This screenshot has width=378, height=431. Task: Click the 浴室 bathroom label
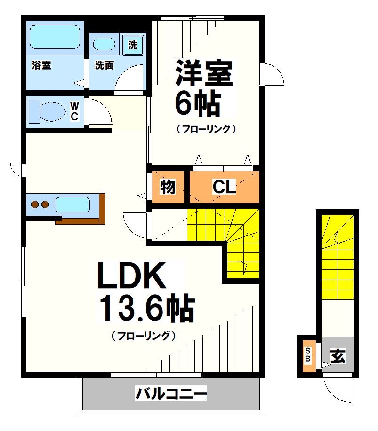[x=41, y=65]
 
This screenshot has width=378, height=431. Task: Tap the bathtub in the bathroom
[x=56, y=37]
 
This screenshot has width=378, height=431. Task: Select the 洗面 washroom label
[x=104, y=65]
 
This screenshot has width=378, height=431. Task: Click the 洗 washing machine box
[x=134, y=45]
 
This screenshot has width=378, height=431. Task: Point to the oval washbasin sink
[x=103, y=45]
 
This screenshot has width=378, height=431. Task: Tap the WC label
[x=74, y=111]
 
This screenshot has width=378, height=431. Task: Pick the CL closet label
[x=224, y=188]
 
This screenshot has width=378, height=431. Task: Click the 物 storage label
[x=168, y=187]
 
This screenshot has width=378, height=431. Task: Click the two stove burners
[x=40, y=204]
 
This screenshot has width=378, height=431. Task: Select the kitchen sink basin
[x=72, y=204]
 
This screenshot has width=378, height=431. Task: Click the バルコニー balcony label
[x=171, y=393]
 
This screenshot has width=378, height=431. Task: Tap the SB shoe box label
[x=308, y=355]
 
